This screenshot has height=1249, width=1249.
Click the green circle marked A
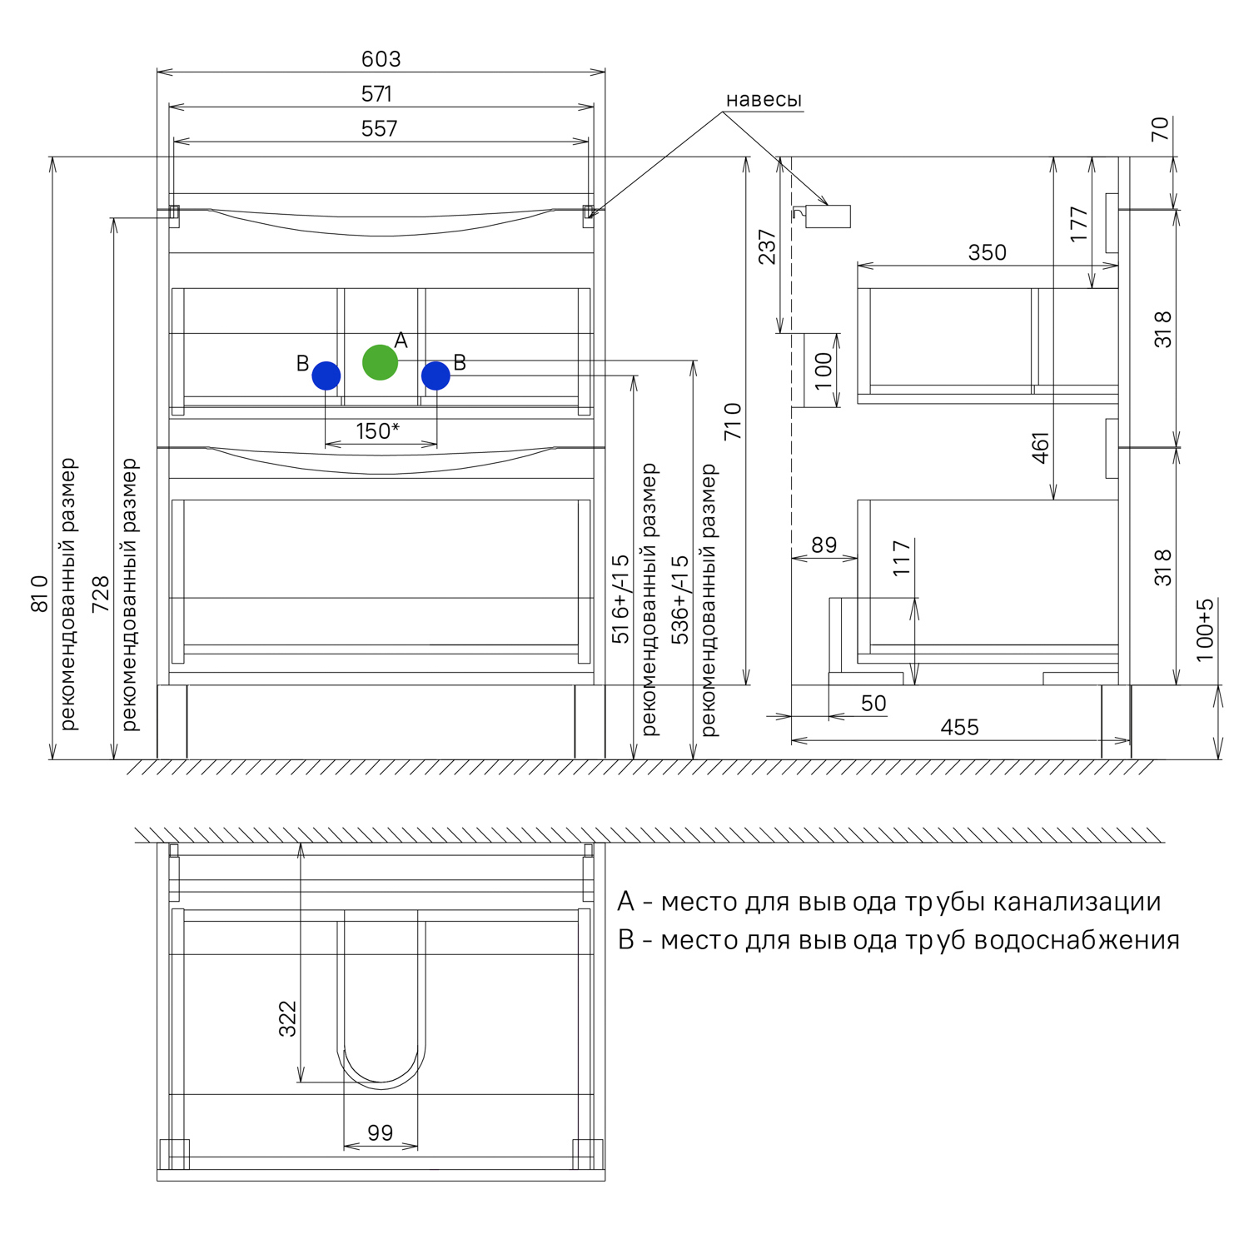[x=380, y=362]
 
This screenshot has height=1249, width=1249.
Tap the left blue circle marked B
[x=326, y=376]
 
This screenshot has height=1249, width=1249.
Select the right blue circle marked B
[x=435, y=376]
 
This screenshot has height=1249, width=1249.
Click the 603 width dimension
[x=381, y=59]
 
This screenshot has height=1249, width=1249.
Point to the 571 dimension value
[x=376, y=94]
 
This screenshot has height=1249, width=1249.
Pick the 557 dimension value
[x=379, y=128]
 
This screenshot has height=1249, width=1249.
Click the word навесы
[x=764, y=100]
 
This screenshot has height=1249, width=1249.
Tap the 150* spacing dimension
[x=377, y=431]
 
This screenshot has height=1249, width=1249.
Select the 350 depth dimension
[x=987, y=252]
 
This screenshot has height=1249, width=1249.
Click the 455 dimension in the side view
[x=959, y=727]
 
